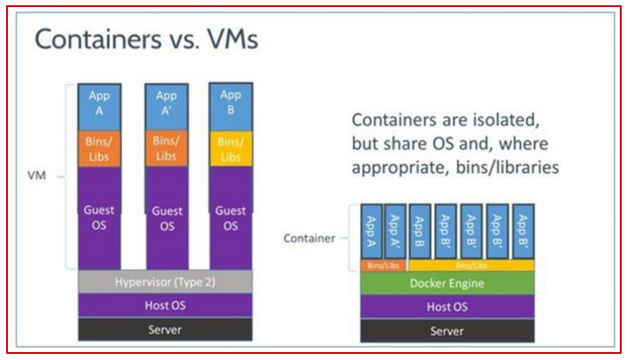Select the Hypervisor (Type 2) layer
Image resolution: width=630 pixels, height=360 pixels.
click(x=165, y=282)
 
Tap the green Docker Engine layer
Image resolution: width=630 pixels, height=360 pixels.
click(x=447, y=283)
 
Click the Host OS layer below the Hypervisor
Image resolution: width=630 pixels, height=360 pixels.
click(x=165, y=305)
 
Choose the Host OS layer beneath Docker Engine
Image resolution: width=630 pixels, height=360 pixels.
click(x=447, y=306)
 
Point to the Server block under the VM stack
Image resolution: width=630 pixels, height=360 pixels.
click(x=165, y=329)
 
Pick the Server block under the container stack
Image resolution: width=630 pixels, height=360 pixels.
click(x=447, y=331)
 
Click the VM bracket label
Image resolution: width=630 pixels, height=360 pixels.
click(x=37, y=178)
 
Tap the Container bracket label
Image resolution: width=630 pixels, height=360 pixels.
click(x=309, y=238)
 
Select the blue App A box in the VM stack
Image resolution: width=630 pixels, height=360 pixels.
click(x=99, y=104)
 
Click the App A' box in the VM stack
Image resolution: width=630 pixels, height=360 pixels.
click(x=167, y=104)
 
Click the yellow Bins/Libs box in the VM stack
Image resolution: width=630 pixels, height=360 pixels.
click(x=231, y=149)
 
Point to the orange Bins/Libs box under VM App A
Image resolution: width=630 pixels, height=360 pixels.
click(x=99, y=149)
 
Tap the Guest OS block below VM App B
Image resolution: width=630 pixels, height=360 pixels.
click(x=231, y=218)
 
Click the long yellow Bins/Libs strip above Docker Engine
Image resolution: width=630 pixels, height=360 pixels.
click(x=471, y=266)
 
